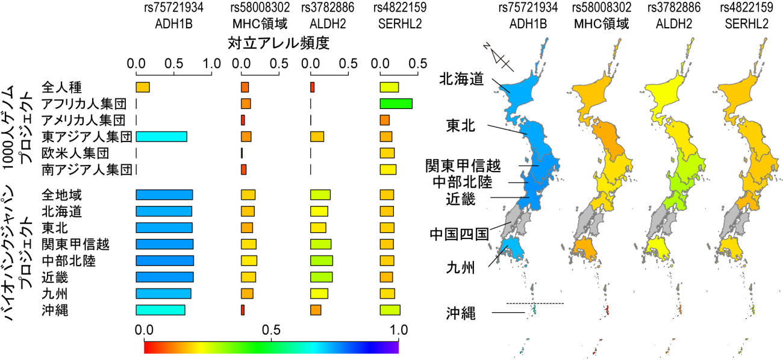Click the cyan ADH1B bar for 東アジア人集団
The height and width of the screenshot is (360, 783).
point(161,136)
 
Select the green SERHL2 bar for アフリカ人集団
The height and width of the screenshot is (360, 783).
point(396,104)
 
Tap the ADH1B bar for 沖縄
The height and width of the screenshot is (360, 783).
point(160,310)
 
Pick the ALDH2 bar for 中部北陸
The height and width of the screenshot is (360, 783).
point(321,261)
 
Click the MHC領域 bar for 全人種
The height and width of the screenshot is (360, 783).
point(245,87)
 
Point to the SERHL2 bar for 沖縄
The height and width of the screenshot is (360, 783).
point(390,310)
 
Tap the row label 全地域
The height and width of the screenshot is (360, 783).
point(62,195)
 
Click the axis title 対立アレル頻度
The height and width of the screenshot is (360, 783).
point(279,43)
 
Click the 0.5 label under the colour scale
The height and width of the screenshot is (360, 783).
point(272,330)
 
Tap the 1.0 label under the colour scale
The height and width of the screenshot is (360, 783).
point(399,330)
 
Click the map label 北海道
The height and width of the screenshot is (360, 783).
point(461,78)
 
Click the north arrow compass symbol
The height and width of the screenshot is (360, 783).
point(500,58)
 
